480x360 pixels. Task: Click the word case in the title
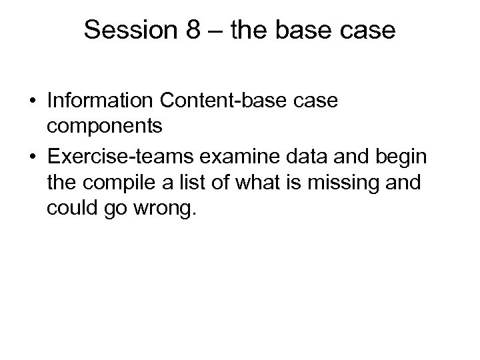coord(367,31)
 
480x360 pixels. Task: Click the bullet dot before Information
coord(32,102)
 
